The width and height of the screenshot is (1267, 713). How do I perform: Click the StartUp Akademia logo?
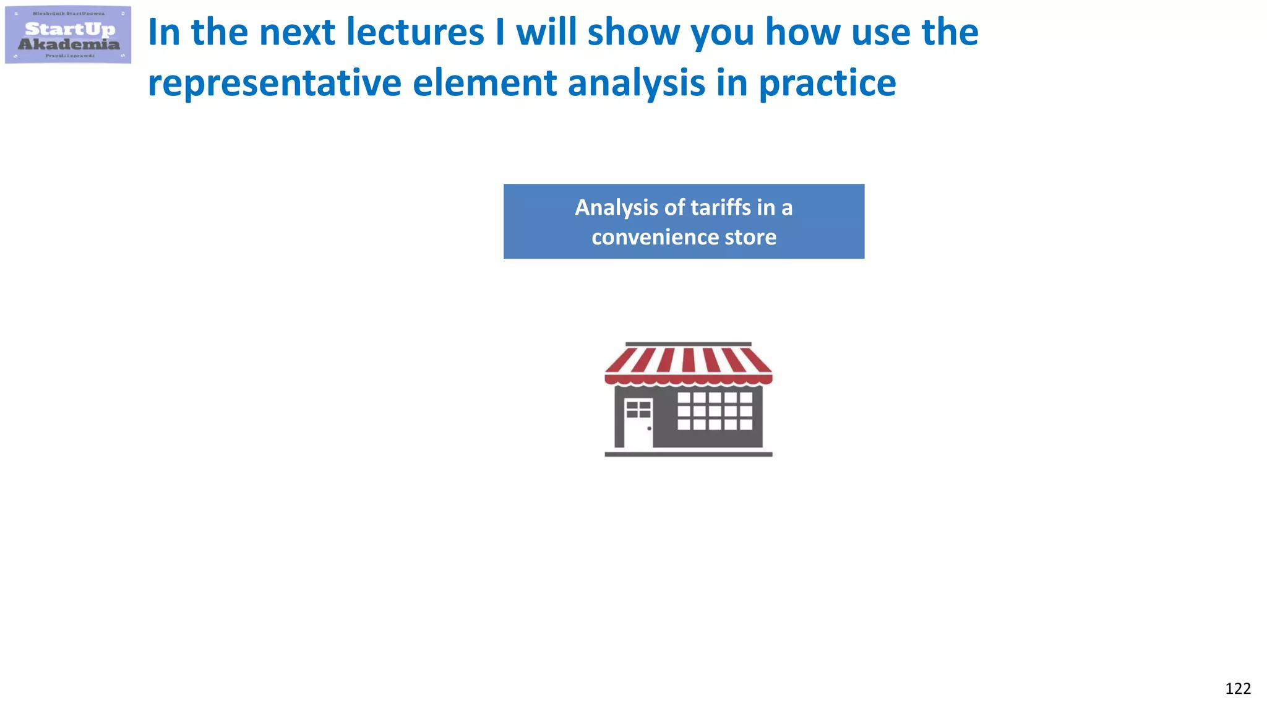(x=68, y=35)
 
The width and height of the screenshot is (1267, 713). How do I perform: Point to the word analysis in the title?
(x=637, y=84)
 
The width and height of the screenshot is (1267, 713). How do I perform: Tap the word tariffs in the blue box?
(x=719, y=207)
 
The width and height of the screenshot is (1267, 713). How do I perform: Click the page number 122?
(x=1237, y=689)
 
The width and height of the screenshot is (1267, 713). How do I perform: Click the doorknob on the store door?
(x=649, y=428)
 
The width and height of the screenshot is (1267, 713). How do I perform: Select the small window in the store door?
(x=638, y=409)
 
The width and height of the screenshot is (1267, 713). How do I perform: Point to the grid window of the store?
(x=715, y=411)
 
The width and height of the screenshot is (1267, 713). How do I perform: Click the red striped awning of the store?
(x=688, y=365)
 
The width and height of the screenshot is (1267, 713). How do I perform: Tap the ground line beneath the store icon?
(x=688, y=454)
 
